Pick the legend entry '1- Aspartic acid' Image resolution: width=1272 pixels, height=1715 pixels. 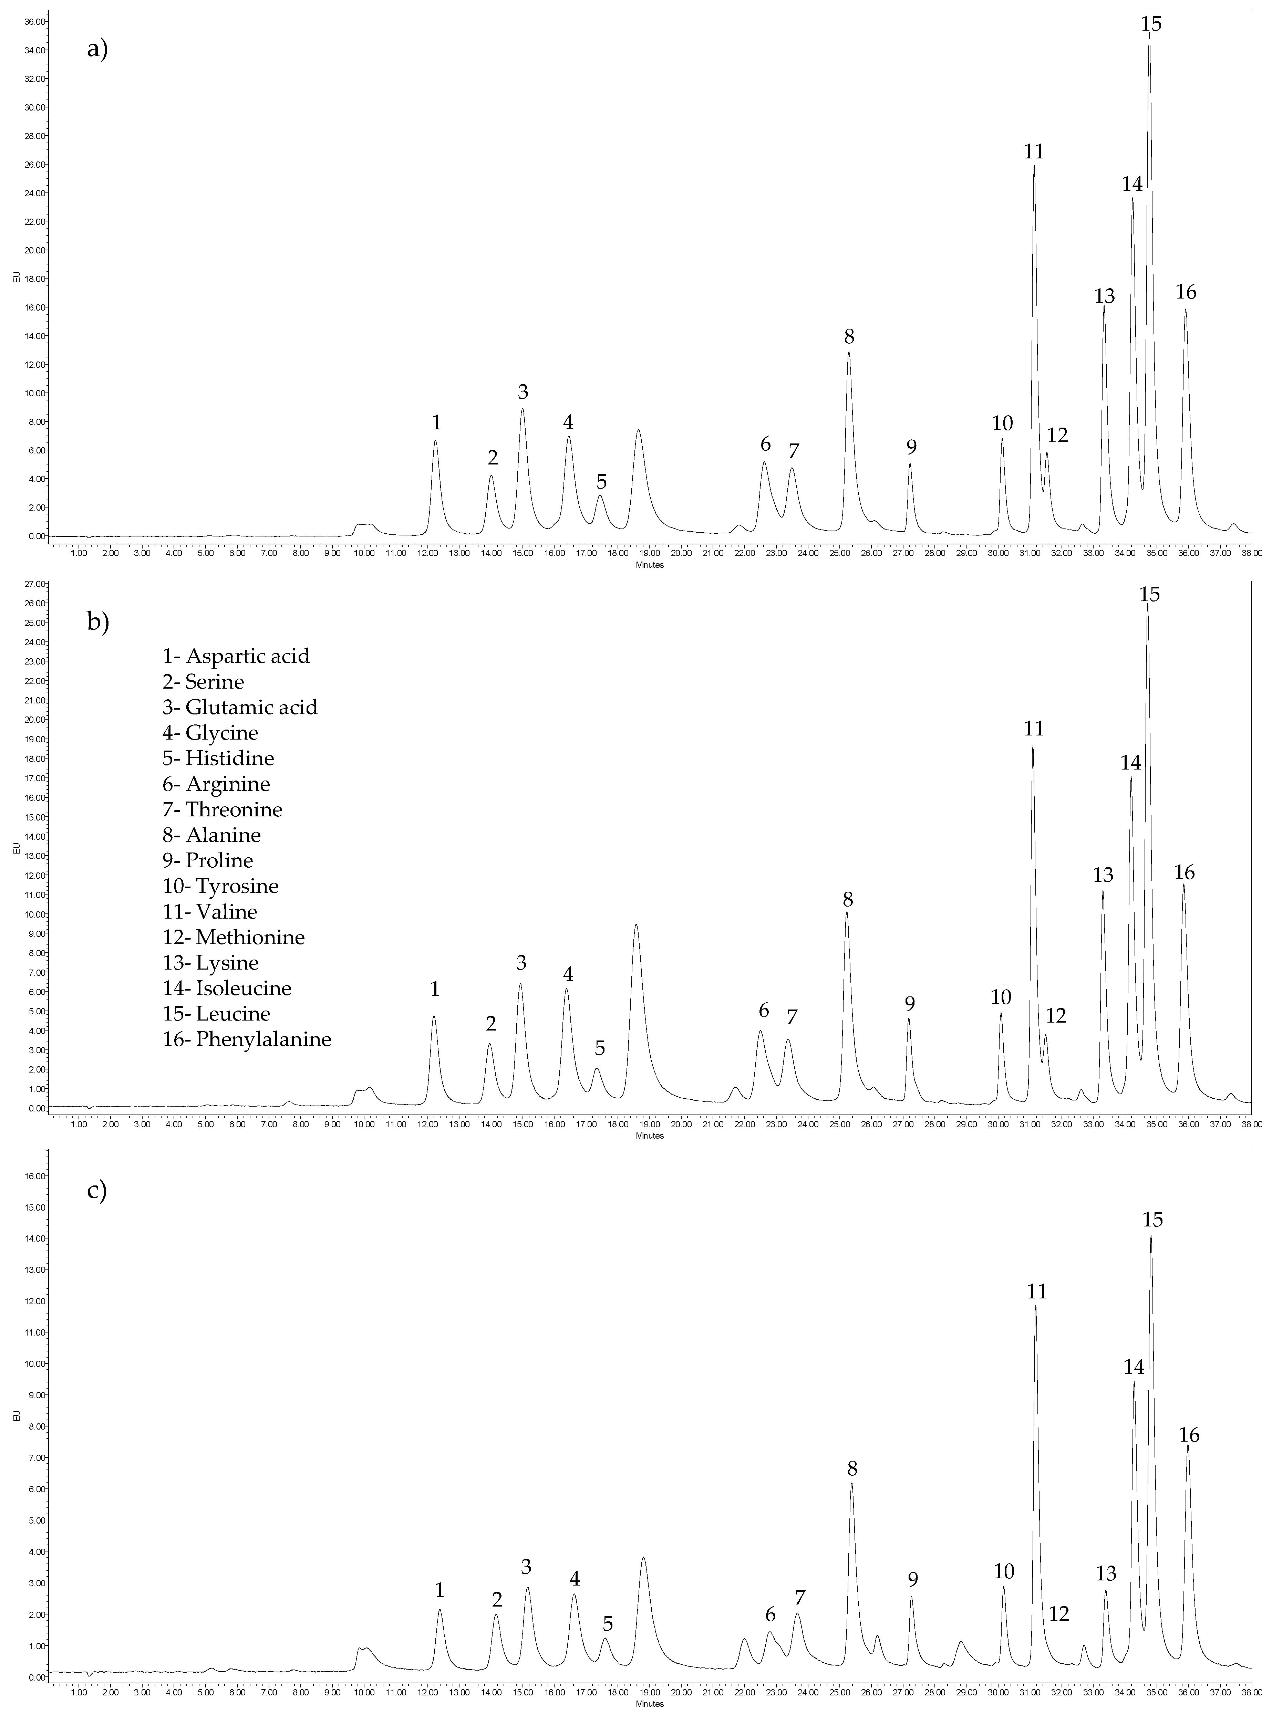tap(236, 656)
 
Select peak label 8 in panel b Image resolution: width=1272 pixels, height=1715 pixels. tap(848, 899)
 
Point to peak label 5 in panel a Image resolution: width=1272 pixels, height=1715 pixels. tap(601, 482)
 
